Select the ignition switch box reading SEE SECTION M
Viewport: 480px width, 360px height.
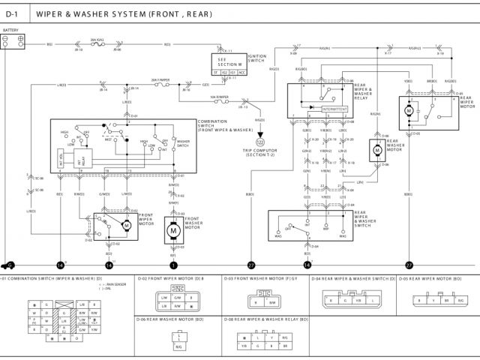(x=226, y=64)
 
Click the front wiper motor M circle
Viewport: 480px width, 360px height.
(x=126, y=224)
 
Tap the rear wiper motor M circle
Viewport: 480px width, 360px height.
(x=410, y=111)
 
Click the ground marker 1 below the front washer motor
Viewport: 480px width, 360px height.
(x=173, y=265)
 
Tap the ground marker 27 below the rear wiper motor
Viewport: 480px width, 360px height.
(x=409, y=265)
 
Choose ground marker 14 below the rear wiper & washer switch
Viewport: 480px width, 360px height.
(x=307, y=265)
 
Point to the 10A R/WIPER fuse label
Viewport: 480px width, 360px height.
(x=219, y=97)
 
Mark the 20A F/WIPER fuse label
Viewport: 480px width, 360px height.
(x=160, y=79)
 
